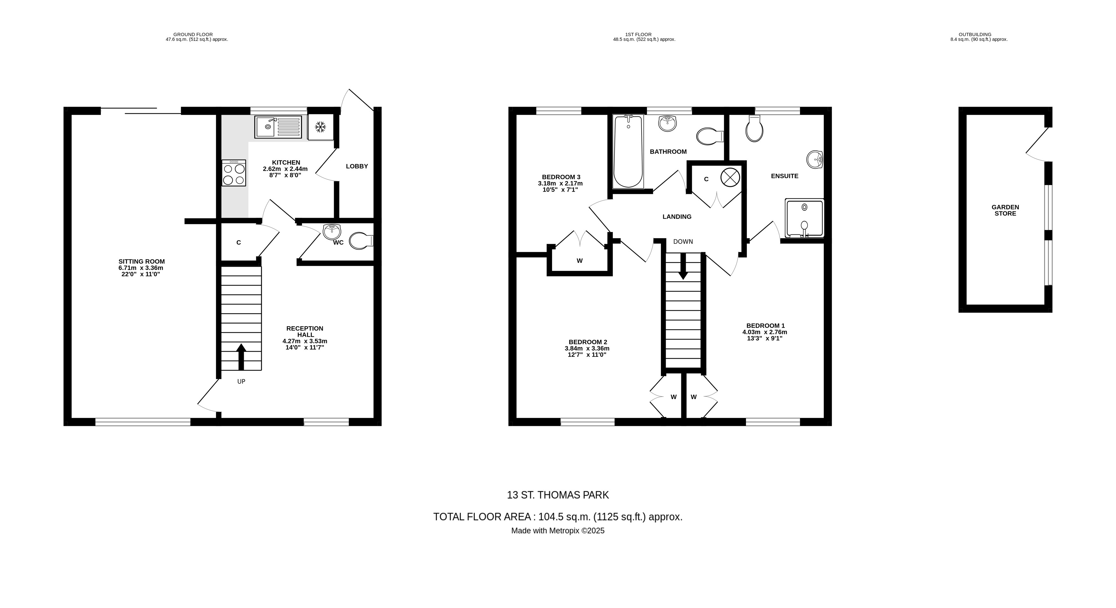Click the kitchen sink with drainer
coord(278,127)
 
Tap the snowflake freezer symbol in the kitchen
coord(320,127)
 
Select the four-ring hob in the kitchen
coord(234,173)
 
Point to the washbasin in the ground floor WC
coord(332,231)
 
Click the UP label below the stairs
coord(241,381)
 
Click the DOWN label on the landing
coord(683,241)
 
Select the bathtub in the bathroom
coord(628,151)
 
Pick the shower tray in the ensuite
coord(804,218)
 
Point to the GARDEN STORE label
coord(1005,210)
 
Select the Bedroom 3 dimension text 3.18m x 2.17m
coord(560,183)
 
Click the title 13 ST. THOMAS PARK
coord(558,495)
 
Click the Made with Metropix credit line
coord(558,530)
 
